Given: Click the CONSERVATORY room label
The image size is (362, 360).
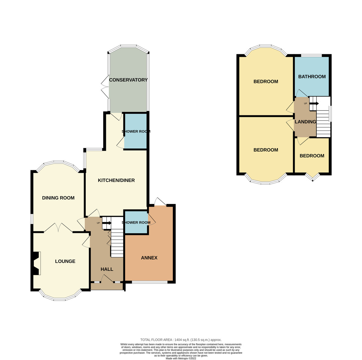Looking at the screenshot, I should (128, 80).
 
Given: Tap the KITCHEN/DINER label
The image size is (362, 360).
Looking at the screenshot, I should (116, 180).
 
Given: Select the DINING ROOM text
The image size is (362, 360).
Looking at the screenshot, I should (58, 198).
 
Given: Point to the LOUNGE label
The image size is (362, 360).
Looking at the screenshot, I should (65, 261).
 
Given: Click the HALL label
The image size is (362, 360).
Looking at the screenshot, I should (107, 269).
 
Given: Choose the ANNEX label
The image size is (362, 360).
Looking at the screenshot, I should (149, 258).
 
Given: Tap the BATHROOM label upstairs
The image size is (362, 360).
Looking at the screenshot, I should (312, 77).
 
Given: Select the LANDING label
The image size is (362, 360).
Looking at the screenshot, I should (305, 122).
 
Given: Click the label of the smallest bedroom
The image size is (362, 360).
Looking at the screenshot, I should (312, 156).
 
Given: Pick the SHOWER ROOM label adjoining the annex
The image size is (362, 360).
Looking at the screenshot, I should (136, 223).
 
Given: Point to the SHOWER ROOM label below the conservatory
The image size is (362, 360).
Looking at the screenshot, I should (136, 132).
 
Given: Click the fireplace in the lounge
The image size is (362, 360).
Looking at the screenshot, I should (36, 263).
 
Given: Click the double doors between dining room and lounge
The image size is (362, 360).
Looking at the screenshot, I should (59, 228).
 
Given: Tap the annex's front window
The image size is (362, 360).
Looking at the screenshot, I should (150, 282).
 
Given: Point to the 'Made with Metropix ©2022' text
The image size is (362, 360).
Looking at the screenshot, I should (181, 358).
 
